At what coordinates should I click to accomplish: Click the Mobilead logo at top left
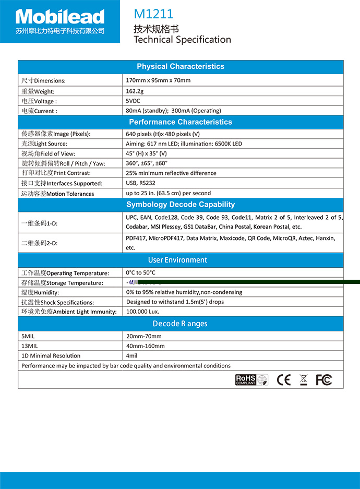[x=59, y=21]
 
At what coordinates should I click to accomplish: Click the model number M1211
[x=153, y=14]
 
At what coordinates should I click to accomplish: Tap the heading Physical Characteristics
[x=181, y=66]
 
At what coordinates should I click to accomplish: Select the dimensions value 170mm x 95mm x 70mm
[x=158, y=80]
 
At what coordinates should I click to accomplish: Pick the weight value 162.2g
[x=135, y=91]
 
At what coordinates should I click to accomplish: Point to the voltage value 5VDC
[x=133, y=101]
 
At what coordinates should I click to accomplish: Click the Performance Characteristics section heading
[x=181, y=122]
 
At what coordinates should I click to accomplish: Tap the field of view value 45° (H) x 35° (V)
[x=146, y=153]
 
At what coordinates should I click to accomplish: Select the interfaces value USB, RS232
[x=140, y=183]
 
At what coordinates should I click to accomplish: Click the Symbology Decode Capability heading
[x=181, y=205]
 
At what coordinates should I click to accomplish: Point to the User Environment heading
[x=177, y=260]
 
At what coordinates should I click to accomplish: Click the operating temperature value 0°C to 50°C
[x=140, y=272]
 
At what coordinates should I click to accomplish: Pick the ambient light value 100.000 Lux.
[x=142, y=312]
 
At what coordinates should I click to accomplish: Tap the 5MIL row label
[x=28, y=336]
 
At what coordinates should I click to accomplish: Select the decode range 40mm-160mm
[x=145, y=346]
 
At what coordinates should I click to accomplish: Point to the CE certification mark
[x=284, y=380]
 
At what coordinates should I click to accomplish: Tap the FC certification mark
[x=323, y=380]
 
